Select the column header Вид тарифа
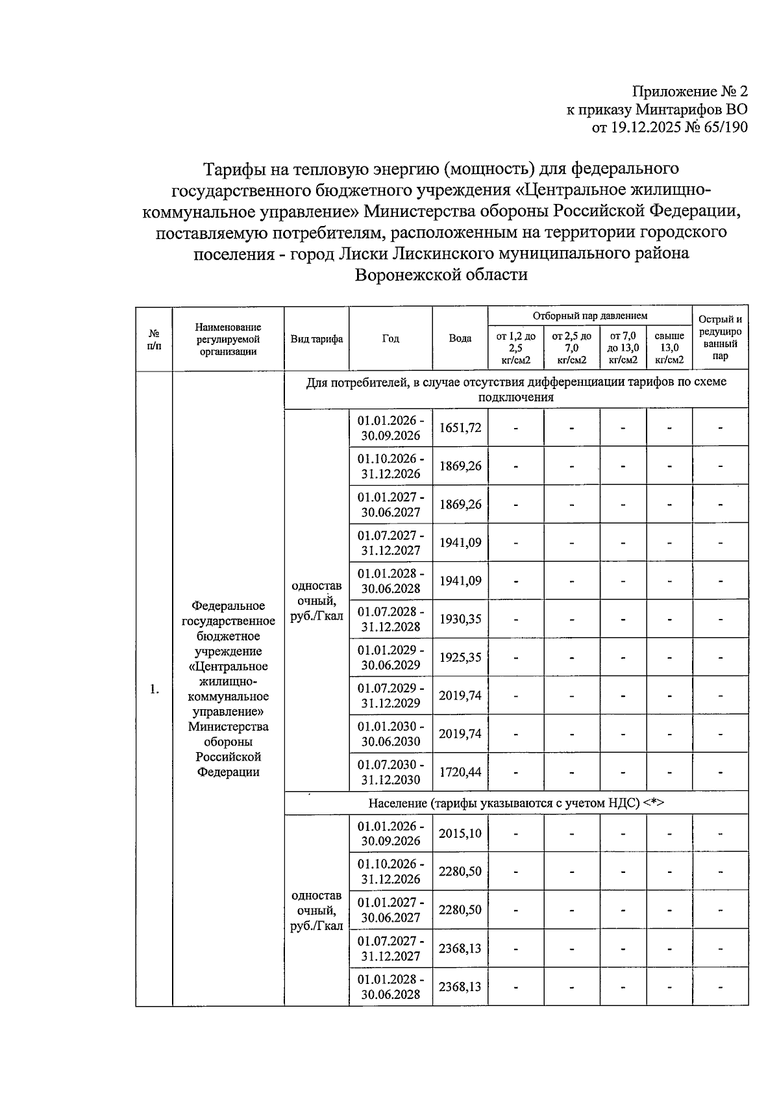(x=316, y=338)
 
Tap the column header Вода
(x=460, y=338)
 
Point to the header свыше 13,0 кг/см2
(x=669, y=347)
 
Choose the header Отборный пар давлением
(x=589, y=316)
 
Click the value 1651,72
(x=460, y=427)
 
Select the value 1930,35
(x=460, y=619)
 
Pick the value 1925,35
(x=460, y=657)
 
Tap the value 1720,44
(x=460, y=772)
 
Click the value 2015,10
(x=460, y=833)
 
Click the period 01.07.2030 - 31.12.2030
(x=391, y=772)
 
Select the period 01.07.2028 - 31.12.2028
(x=391, y=619)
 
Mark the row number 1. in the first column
(x=154, y=689)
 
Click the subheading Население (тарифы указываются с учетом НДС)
(x=516, y=803)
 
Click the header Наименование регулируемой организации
(x=228, y=339)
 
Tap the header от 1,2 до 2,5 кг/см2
(x=515, y=347)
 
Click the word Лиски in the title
(x=364, y=253)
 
